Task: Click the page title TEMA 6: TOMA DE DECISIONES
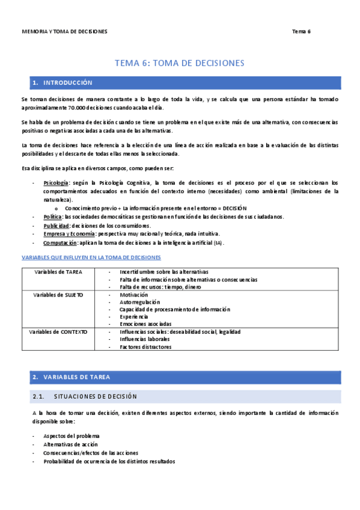180,63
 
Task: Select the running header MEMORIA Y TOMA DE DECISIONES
64,31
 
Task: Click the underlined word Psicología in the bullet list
56,182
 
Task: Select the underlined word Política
52,217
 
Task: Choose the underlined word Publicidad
56,226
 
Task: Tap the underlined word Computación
60,242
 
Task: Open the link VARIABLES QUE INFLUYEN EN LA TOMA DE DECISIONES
91,257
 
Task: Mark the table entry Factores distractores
145,346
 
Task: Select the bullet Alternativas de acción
70,444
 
